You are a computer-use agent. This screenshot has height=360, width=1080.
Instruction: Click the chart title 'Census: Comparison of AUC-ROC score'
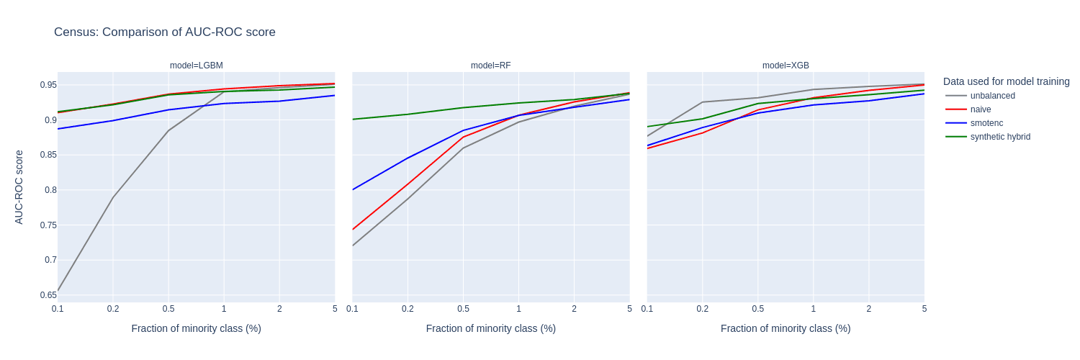(x=164, y=32)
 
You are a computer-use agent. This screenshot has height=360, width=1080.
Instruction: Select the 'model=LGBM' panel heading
(x=196, y=66)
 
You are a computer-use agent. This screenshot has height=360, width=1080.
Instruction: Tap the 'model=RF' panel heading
(x=490, y=66)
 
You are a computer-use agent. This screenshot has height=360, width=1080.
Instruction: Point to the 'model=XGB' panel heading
(x=786, y=66)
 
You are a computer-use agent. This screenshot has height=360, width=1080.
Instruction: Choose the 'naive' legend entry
(x=980, y=109)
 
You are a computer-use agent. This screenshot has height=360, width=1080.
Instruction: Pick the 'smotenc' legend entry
(x=986, y=123)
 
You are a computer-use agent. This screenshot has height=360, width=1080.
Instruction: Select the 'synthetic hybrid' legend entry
(x=999, y=137)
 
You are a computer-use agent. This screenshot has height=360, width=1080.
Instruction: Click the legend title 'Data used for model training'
(x=1006, y=81)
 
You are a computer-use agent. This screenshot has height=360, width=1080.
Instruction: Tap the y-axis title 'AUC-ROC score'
(x=19, y=187)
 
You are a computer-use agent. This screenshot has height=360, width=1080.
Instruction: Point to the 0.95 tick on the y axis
(x=48, y=85)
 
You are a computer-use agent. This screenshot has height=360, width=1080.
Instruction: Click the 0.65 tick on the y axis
(x=48, y=295)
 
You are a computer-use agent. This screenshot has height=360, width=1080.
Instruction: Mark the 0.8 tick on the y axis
(x=50, y=190)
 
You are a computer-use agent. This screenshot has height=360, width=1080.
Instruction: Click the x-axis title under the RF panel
(x=490, y=328)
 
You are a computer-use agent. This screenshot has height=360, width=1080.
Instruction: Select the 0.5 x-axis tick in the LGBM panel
(x=168, y=309)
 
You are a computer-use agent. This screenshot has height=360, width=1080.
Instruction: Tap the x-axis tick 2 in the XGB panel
(x=868, y=309)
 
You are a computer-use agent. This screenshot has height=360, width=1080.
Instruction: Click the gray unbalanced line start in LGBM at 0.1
(x=58, y=291)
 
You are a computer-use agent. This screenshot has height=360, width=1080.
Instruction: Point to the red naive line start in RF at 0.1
(x=353, y=230)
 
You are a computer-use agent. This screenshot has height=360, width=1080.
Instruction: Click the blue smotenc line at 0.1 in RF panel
(x=353, y=190)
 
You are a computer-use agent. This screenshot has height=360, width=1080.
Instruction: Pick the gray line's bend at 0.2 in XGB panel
(x=702, y=102)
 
